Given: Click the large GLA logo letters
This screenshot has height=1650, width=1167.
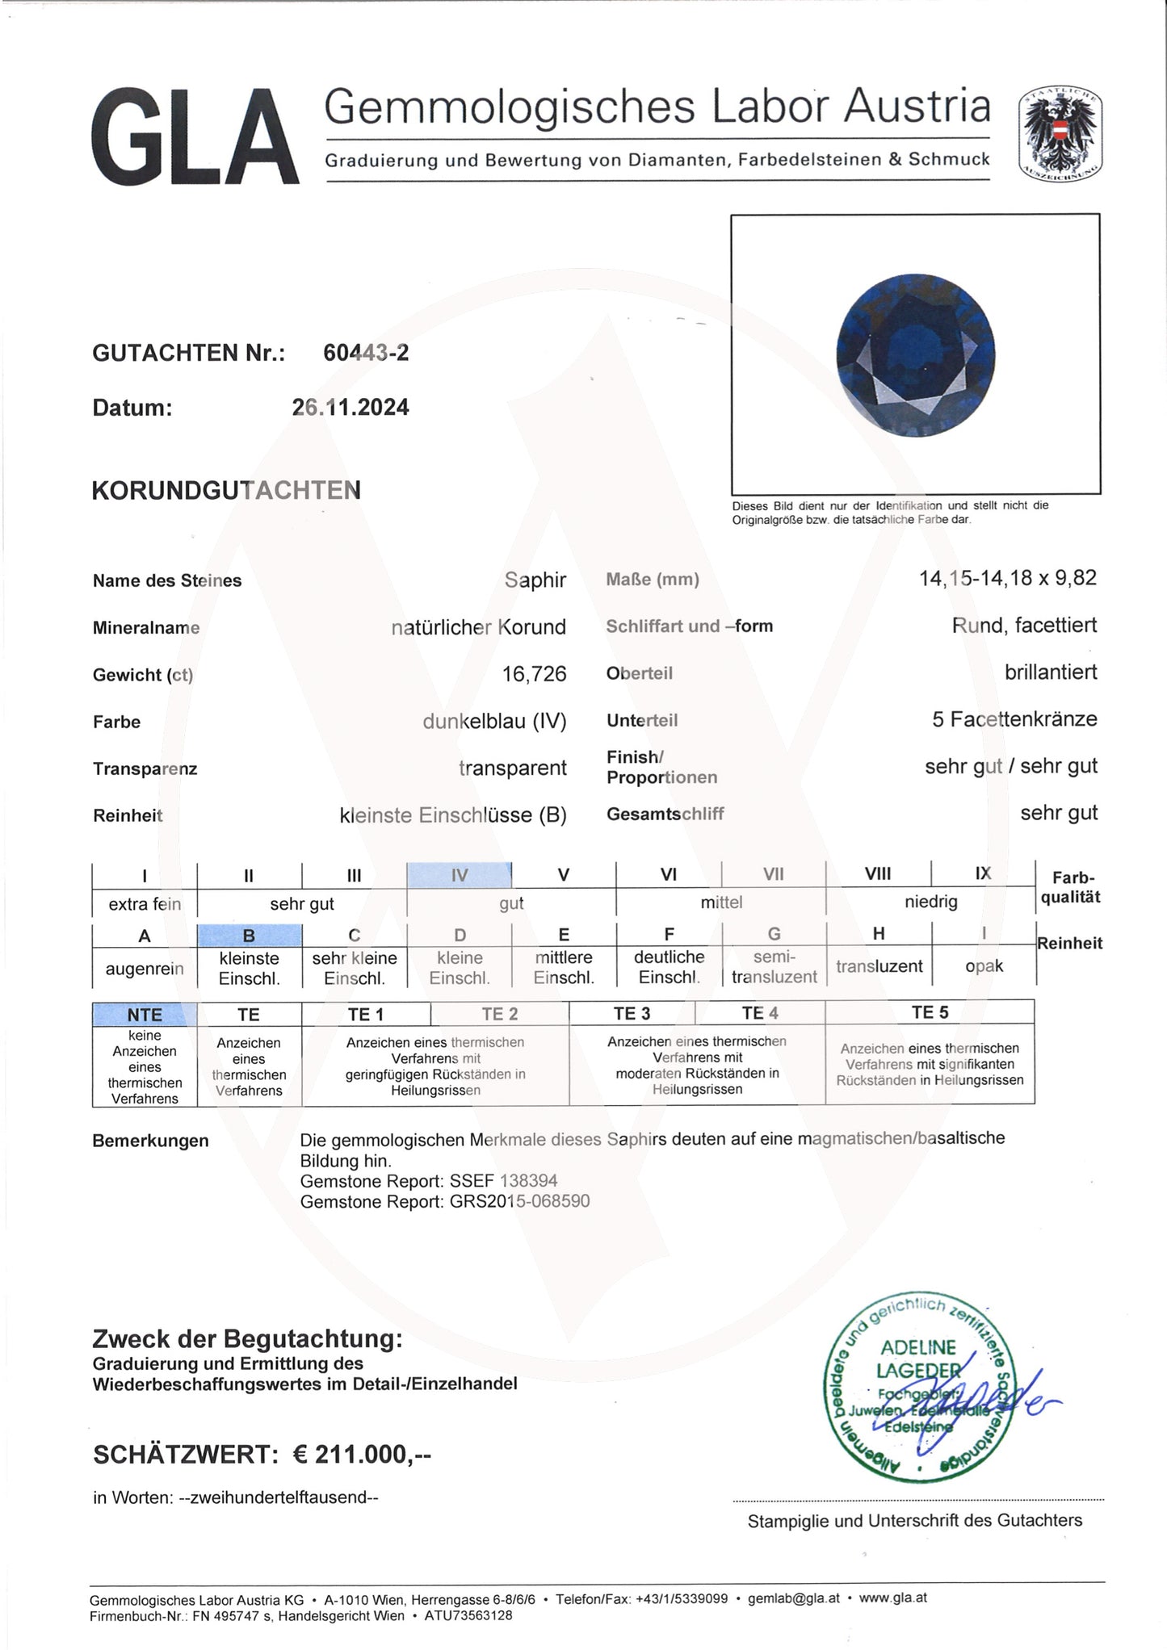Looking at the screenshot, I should click(x=195, y=137).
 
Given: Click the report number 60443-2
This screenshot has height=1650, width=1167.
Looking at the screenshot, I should click(x=366, y=353).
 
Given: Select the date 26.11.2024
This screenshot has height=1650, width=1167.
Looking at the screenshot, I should click(x=351, y=407).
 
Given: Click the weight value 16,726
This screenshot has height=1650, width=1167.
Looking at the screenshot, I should click(x=534, y=674).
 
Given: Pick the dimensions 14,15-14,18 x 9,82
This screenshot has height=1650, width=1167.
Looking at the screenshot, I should click(x=1007, y=578).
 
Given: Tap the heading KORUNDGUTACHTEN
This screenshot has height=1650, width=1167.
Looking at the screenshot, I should click(x=226, y=491).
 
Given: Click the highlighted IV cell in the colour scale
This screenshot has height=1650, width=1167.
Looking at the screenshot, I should click(x=459, y=875).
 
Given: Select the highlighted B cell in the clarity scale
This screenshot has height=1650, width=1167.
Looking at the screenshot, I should click(x=250, y=936).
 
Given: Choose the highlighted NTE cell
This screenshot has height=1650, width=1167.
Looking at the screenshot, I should click(x=145, y=1015).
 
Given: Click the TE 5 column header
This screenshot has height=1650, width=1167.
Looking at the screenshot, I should click(x=929, y=1012).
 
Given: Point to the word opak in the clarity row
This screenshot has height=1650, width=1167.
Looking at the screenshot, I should click(x=984, y=966).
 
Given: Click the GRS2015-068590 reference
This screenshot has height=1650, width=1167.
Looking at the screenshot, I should click(x=519, y=1201).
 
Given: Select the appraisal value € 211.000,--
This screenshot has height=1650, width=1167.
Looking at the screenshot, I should click(x=362, y=1455).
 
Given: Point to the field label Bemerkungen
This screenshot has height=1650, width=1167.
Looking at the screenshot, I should click(x=150, y=1141).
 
